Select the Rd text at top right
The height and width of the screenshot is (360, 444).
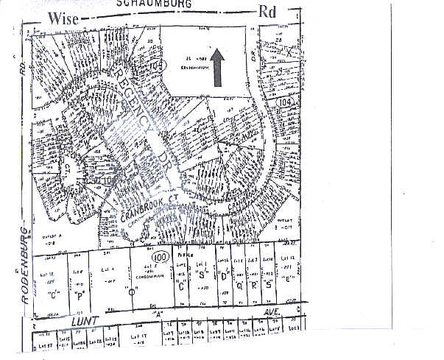pyautogui.click(x=267, y=13)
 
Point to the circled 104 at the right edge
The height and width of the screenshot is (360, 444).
pyautogui.click(x=287, y=100)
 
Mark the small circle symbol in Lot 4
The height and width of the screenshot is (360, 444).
pyautogui.click(x=132, y=292)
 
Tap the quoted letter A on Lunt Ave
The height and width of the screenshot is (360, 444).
pyautogui.click(x=156, y=311)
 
